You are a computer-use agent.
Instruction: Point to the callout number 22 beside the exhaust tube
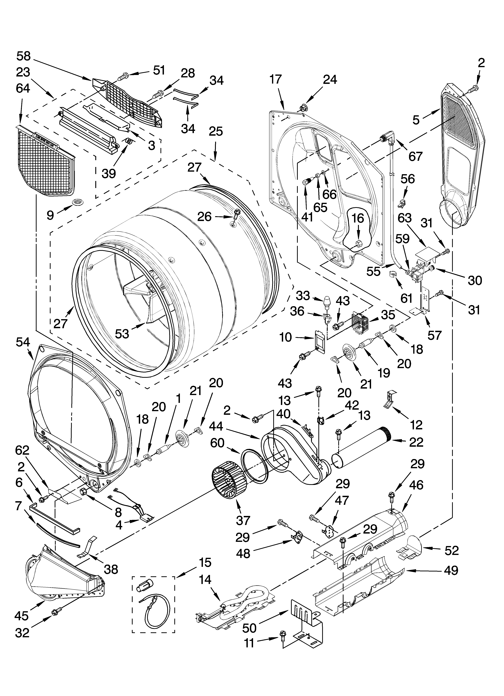pyautogui.click(x=416, y=442)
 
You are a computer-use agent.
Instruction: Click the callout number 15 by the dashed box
pyautogui.click(x=205, y=562)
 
